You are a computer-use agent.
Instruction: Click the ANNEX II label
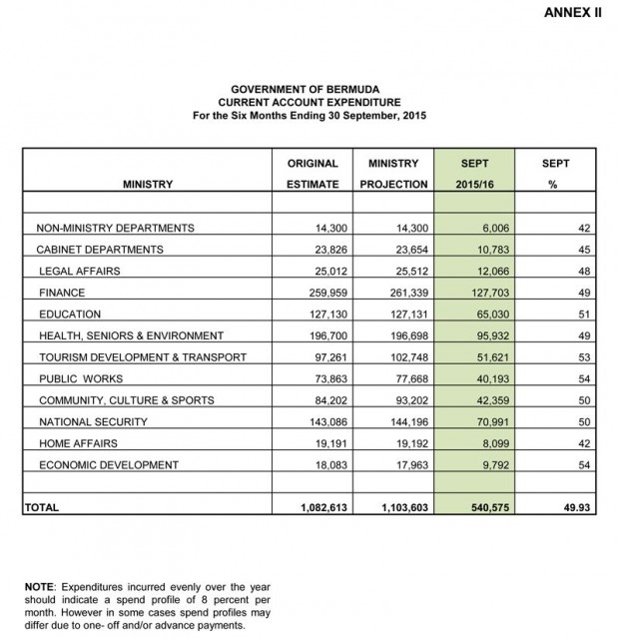pos(573,13)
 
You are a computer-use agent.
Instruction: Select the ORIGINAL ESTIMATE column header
pos(312,173)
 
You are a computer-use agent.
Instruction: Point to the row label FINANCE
pos(62,293)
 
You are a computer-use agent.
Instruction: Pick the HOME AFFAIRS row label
pos(78,443)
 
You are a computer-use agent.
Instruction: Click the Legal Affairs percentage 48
pos(585,271)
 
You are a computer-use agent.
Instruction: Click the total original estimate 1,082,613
pos(319,507)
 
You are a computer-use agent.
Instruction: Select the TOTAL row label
pos(41,507)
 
